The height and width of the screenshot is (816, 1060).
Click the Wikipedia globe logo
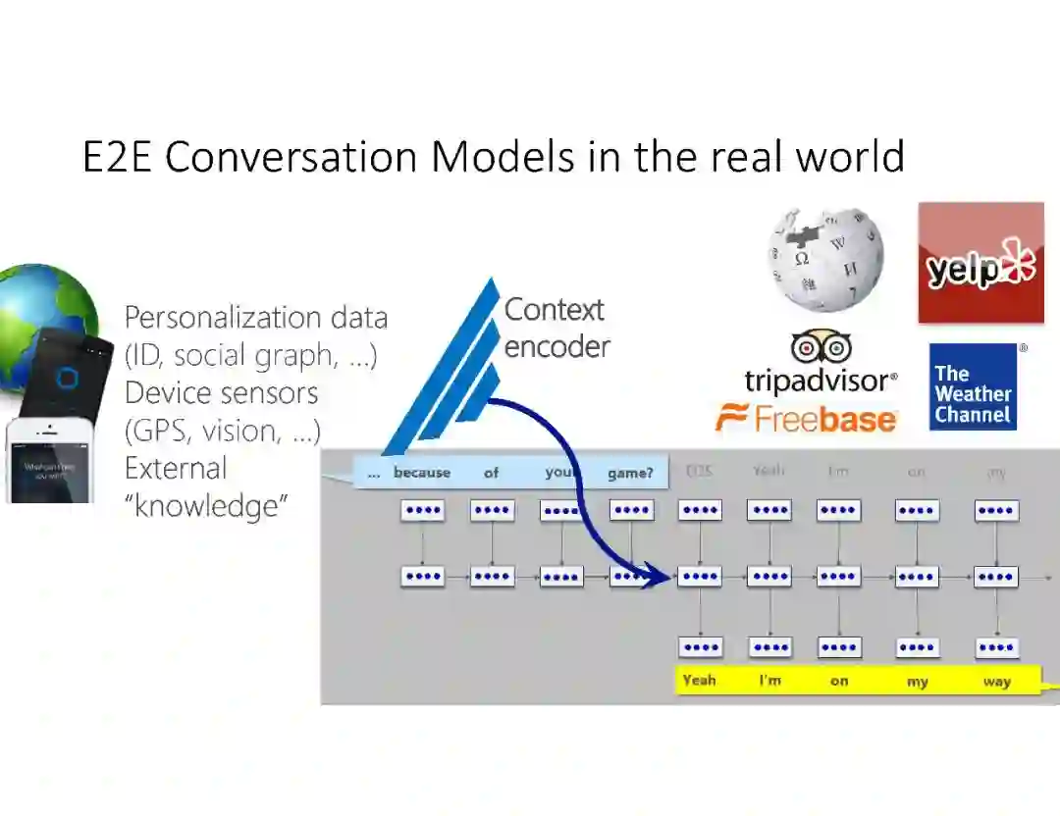point(825,259)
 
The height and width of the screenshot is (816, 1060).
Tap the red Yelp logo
point(980,263)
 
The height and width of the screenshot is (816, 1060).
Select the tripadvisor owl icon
point(821,348)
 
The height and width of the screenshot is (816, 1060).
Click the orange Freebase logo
point(806,420)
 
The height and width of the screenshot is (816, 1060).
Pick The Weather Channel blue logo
point(973,386)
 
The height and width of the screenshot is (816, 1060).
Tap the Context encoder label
point(556,328)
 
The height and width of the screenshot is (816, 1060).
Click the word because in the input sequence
point(422,473)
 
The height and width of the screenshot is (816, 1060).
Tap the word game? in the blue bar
point(630,473)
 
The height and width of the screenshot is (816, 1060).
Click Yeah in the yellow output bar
point(699,680)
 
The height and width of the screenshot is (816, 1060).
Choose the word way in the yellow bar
point(996,681)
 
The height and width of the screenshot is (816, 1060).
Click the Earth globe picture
point(44,314)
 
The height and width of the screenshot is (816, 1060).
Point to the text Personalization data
point(255,318)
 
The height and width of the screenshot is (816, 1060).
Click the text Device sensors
point(221,393)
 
